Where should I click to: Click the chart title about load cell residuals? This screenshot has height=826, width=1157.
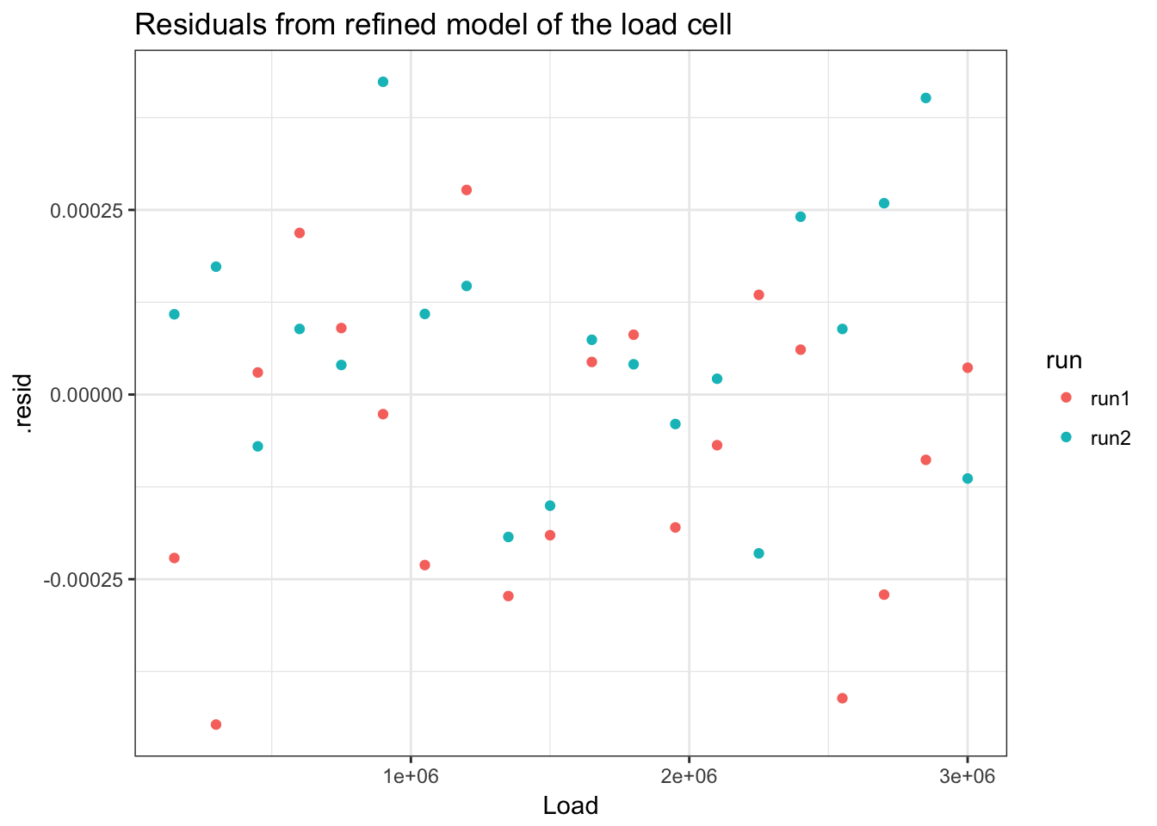[x=433, y=24]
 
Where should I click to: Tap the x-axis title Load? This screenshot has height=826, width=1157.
[x=570, y=805]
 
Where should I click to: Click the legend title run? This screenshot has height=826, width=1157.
[x=1063, y=361]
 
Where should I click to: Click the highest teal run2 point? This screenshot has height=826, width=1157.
[x=383, y=82]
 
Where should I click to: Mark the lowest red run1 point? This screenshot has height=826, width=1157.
[x=216, y=724]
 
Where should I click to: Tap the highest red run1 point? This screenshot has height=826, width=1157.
[x=467, y=190]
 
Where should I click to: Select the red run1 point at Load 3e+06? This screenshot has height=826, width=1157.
[x=968, y=368]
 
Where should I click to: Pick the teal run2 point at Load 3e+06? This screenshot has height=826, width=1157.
[x=968, y=478]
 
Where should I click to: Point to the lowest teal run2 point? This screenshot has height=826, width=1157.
[x=758, y=553]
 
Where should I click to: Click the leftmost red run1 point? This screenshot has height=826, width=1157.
[x=175, y=558]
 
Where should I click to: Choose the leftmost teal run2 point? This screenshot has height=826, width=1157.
[x=175, y=314]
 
